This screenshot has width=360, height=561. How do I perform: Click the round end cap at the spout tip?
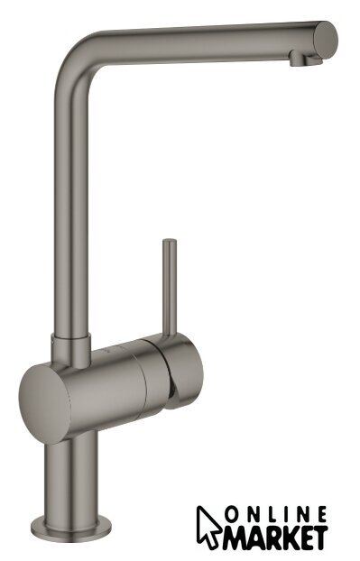[x=326, y=40]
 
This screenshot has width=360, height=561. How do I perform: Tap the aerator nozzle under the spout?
[x=305, y=60]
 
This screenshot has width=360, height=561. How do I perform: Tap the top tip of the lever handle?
[x=170, y=242]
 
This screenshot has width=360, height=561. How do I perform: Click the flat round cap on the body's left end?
[x=45, y=403]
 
